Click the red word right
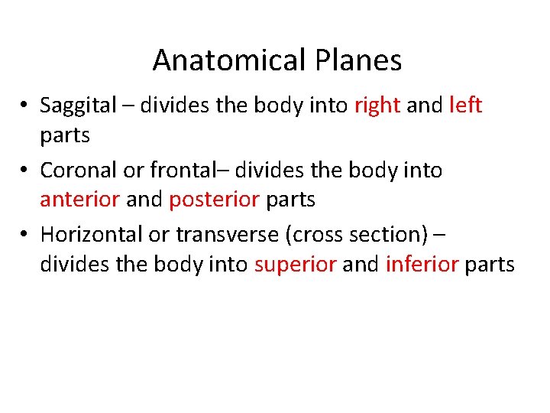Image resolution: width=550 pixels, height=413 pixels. click(x=377, y=106)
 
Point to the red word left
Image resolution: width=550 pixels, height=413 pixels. click(x=465, y=105)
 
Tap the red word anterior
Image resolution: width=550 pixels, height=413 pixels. click(x=79, y=200)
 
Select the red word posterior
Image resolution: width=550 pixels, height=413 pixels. click(x=213, y=200)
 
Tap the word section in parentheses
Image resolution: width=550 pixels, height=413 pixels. click(x=386, y=234)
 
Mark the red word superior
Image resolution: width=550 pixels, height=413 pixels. click(x=295, y=265)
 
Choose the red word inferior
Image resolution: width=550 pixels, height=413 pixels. click(x=422, y=265)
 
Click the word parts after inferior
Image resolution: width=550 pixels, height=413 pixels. click(x=490, y=265)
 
